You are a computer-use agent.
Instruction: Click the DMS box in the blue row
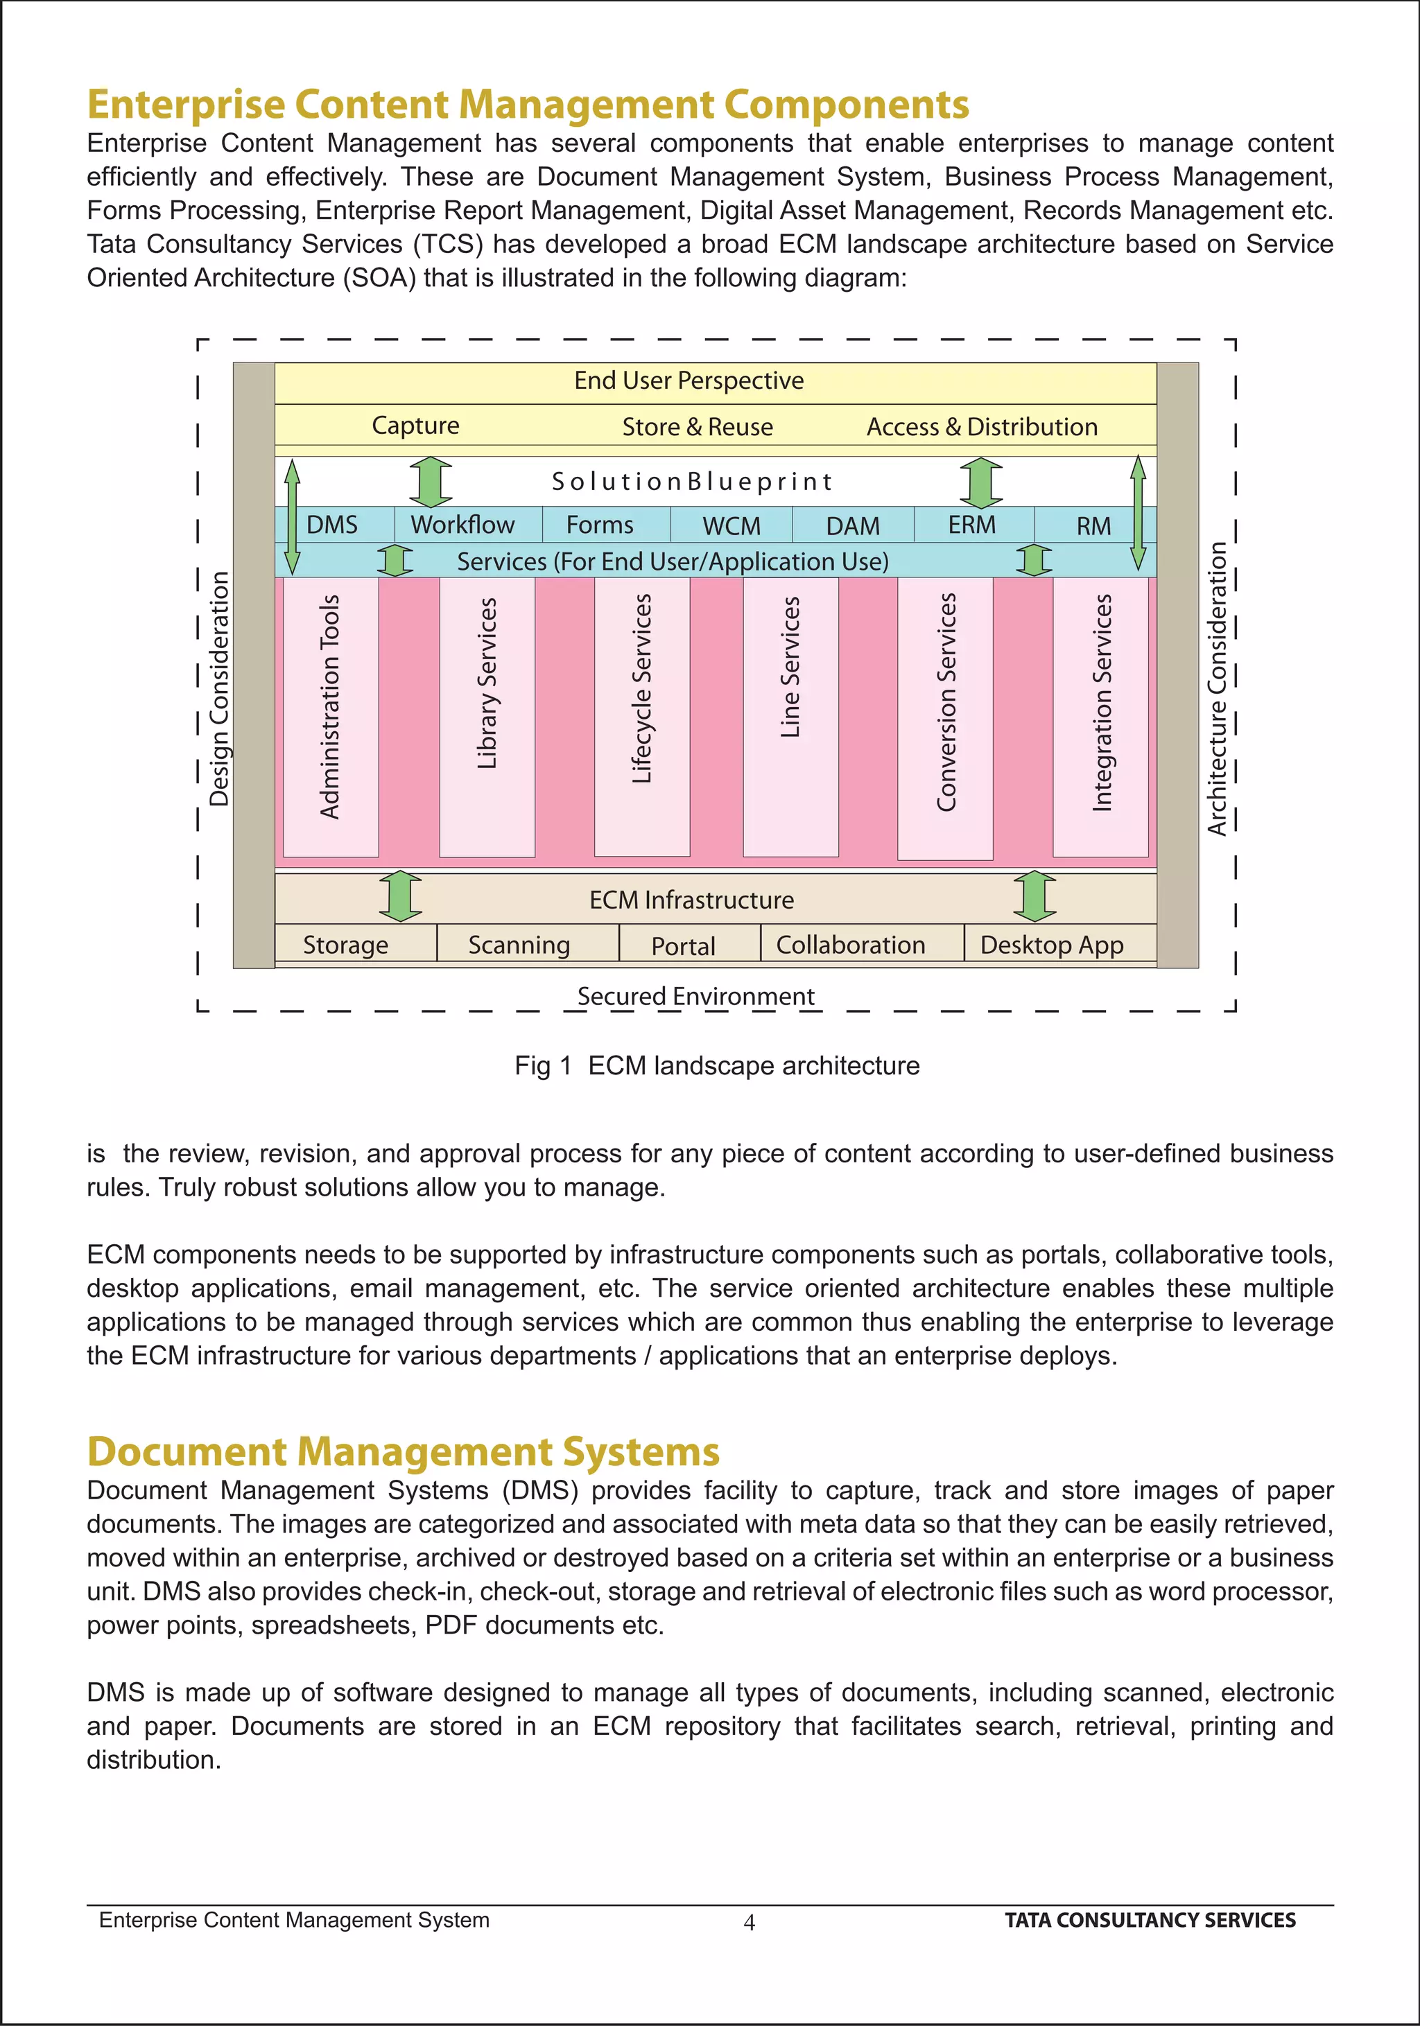pyautogui.click(x=333, y=525)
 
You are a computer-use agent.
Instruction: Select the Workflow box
pyautogui.click(x=463, y=525)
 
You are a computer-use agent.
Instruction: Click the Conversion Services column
pyautogui.click(x=945, y=717)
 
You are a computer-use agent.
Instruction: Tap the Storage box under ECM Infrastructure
pyautogui.click(x=346, y=945)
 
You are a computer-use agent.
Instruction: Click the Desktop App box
pyautogui.click(x=1052, y=945)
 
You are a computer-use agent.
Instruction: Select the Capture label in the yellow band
pyautogui.click(x=416, y=426)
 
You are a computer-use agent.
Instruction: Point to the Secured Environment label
pyautogui.click(x=695, y=996)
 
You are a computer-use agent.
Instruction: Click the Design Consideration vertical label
pyautogui.click(x=219, y=688)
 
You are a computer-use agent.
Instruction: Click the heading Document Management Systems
pyautogui.click(x=404, y=1451)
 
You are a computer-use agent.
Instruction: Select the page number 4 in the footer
pyautogui.click(x=750, y=1923)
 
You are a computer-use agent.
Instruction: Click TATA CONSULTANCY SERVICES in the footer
pyautogui.click(x=1150, y=1920)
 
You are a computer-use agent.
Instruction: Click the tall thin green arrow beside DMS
pyautogui.click(x=292, y=516)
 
